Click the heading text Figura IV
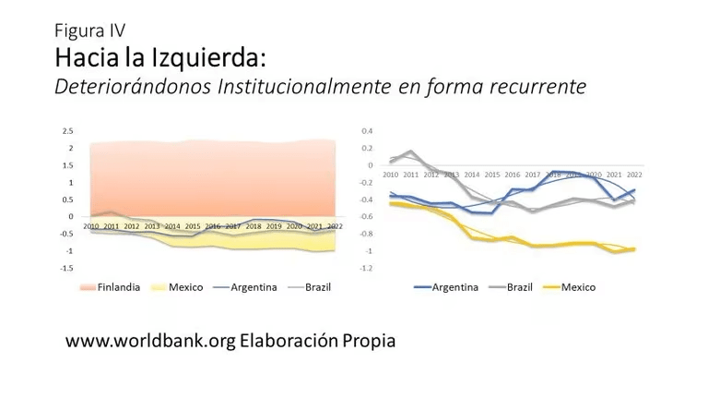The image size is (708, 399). coord(89,30)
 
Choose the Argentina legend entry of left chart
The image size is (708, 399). coord(253,287)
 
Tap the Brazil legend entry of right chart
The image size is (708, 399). coord(520,287)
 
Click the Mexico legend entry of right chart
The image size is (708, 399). coord(578,287)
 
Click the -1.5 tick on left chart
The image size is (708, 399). coord(66,268)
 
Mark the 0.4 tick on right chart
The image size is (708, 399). coord(367,132)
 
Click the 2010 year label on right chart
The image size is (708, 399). coord(391,174)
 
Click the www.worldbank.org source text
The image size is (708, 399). coord(150,341)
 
